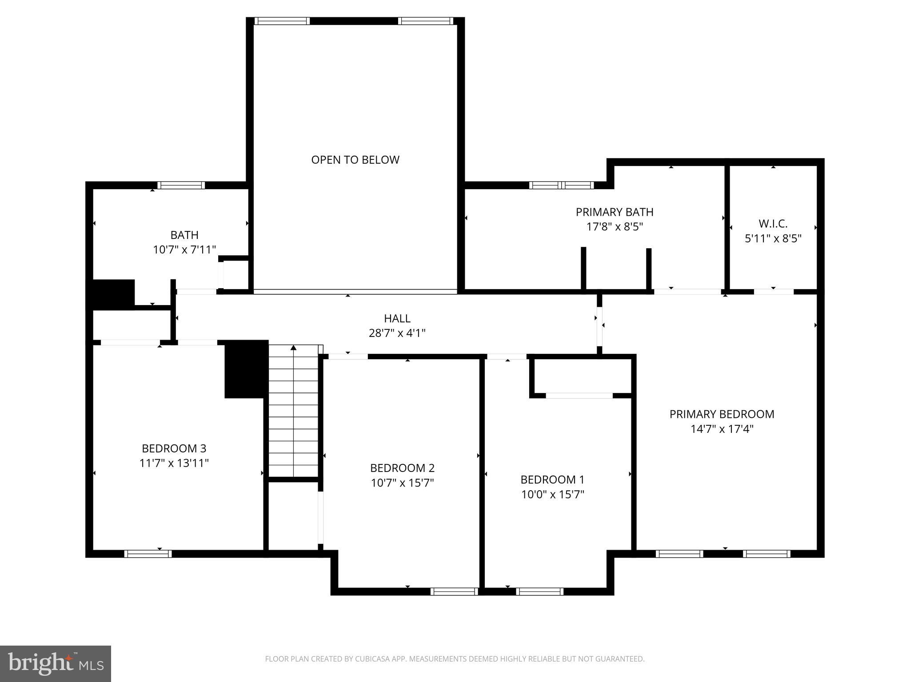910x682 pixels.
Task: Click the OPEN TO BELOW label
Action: tap(355, 160)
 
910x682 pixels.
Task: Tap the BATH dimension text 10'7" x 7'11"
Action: tap(184, 250)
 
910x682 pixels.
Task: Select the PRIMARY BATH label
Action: tap(615, 212)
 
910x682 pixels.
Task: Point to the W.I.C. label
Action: tap(773, 223)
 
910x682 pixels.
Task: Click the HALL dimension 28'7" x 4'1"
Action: tap(397, 333)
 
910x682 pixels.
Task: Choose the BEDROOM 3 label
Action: tap(174, 448)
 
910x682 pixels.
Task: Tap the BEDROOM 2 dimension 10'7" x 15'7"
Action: tap(402, 483)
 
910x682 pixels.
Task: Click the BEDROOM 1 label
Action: tap(552, 480)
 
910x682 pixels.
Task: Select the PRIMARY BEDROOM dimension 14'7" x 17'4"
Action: tap(722, 429)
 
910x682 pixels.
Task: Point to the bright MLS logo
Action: tap(56, 663)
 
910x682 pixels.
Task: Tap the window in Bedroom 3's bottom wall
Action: tap(148, 554)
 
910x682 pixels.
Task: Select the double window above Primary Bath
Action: tap(561, 185)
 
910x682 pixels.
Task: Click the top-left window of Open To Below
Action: tap(282, 21)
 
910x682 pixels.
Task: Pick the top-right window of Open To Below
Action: tap(425, 21)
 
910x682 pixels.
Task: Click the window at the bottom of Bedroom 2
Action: tap(454, 591)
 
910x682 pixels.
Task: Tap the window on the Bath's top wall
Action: tap(181, 185)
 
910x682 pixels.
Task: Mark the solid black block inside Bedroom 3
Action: tap(246, 369)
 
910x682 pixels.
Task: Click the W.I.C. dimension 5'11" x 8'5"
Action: tap(773, 238)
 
